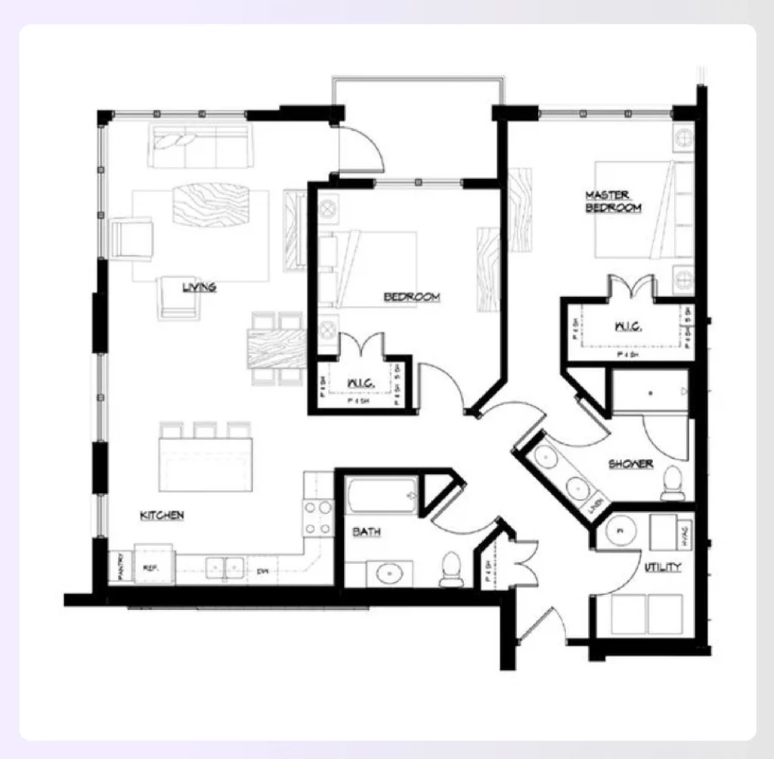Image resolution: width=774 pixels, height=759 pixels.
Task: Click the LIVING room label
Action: point(199,287)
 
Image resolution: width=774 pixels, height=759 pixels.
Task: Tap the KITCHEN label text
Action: point(162,516)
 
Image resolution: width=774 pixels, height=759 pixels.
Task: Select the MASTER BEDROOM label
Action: point(613,201)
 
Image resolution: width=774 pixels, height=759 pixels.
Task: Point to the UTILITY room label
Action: point(662,566)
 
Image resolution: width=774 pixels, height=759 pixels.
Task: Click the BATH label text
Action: point(367,532)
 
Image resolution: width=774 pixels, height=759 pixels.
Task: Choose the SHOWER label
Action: point(630,464)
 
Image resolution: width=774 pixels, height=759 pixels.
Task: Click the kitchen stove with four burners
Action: point(318,518)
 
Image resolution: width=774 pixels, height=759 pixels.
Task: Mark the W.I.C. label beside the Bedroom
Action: point(361,384)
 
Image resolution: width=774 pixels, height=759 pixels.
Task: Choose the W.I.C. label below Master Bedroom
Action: point(628,327)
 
